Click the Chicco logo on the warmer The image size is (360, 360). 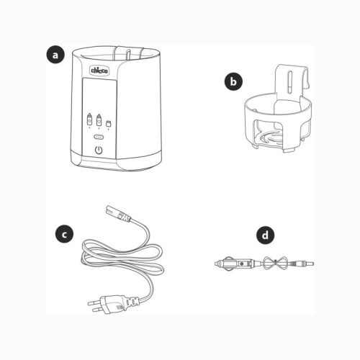click(x=99, y=71)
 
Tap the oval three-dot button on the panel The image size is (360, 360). click(x=99, y=137)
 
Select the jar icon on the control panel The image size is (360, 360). click(x=109, y=123)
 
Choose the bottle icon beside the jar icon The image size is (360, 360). click(x=99, y=120)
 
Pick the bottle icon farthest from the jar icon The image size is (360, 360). click(x=89, y=119)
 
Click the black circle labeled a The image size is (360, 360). click(x=55, y=55)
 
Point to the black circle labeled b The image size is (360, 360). click(x=233, y=81)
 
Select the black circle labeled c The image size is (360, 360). click(x=64, y=234)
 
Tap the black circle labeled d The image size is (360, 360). click(x=265, y=235)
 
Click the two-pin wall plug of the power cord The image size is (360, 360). click(x=113, y=303)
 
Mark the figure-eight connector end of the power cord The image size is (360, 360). click(x=117, y=214)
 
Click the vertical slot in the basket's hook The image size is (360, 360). click(x=290, y=81)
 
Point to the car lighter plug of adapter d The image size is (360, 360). click(x=236, y=264)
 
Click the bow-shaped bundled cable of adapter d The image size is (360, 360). click(x=275, y=264)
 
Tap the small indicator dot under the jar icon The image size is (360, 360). click(x=109, y=129)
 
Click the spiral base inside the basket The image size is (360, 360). click(x=271, y=139)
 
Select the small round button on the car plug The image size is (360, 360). click(x=242, y=264)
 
